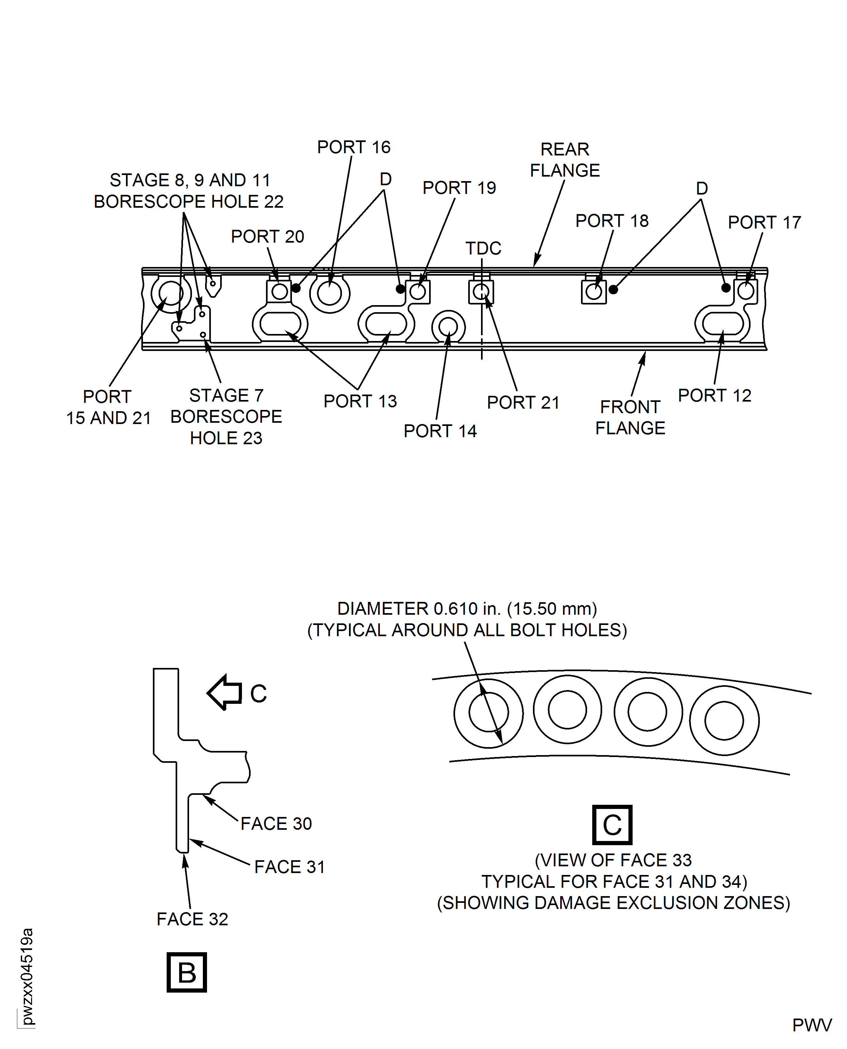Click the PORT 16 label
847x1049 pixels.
[354, 147]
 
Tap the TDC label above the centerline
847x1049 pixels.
[483, 248]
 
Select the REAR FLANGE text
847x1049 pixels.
[564, 160]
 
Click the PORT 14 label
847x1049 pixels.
[440, 431]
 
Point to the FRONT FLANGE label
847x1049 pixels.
[630, 417]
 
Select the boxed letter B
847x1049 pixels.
[187, 972]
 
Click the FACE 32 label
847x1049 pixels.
[192, 919]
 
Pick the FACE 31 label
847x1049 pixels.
[289, 867]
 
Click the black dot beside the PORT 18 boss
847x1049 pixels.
[613, 289]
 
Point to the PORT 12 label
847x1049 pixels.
[714, 395]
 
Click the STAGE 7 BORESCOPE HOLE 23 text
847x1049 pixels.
[226, 417]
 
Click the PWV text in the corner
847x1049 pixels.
[812, 1026]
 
